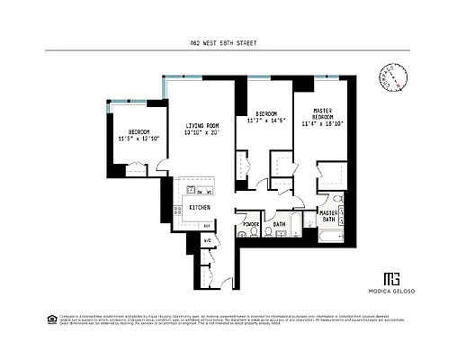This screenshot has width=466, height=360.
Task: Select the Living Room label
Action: tap(203, 126)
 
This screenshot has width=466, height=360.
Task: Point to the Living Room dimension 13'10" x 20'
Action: tap(203, 133)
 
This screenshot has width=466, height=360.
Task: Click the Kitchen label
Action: tap(199, 208)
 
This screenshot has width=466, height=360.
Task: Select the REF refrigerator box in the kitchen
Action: tap(206, 225)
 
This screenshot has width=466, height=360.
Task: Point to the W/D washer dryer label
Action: tap(206, 241)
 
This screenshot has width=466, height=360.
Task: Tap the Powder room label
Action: tap(251, 224)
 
